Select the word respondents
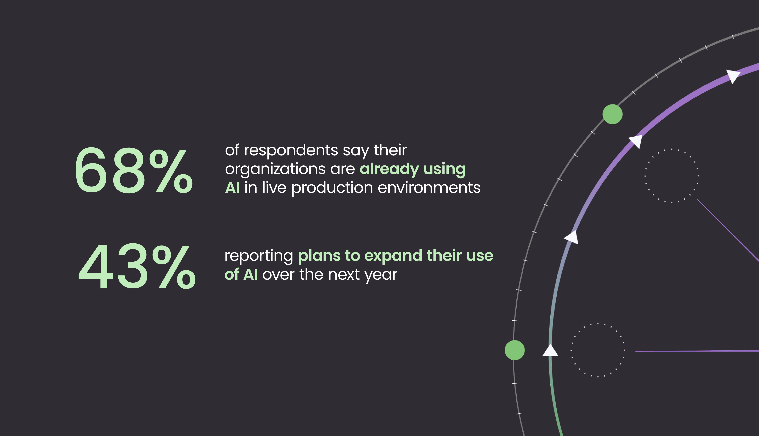pyautogui.click(x=291, y=151)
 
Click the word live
pyautogui.click(x=274, y=188)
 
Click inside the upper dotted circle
pyautogui.click(x=672, y=176)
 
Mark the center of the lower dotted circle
pyautogui.click(x=598, y=350)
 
